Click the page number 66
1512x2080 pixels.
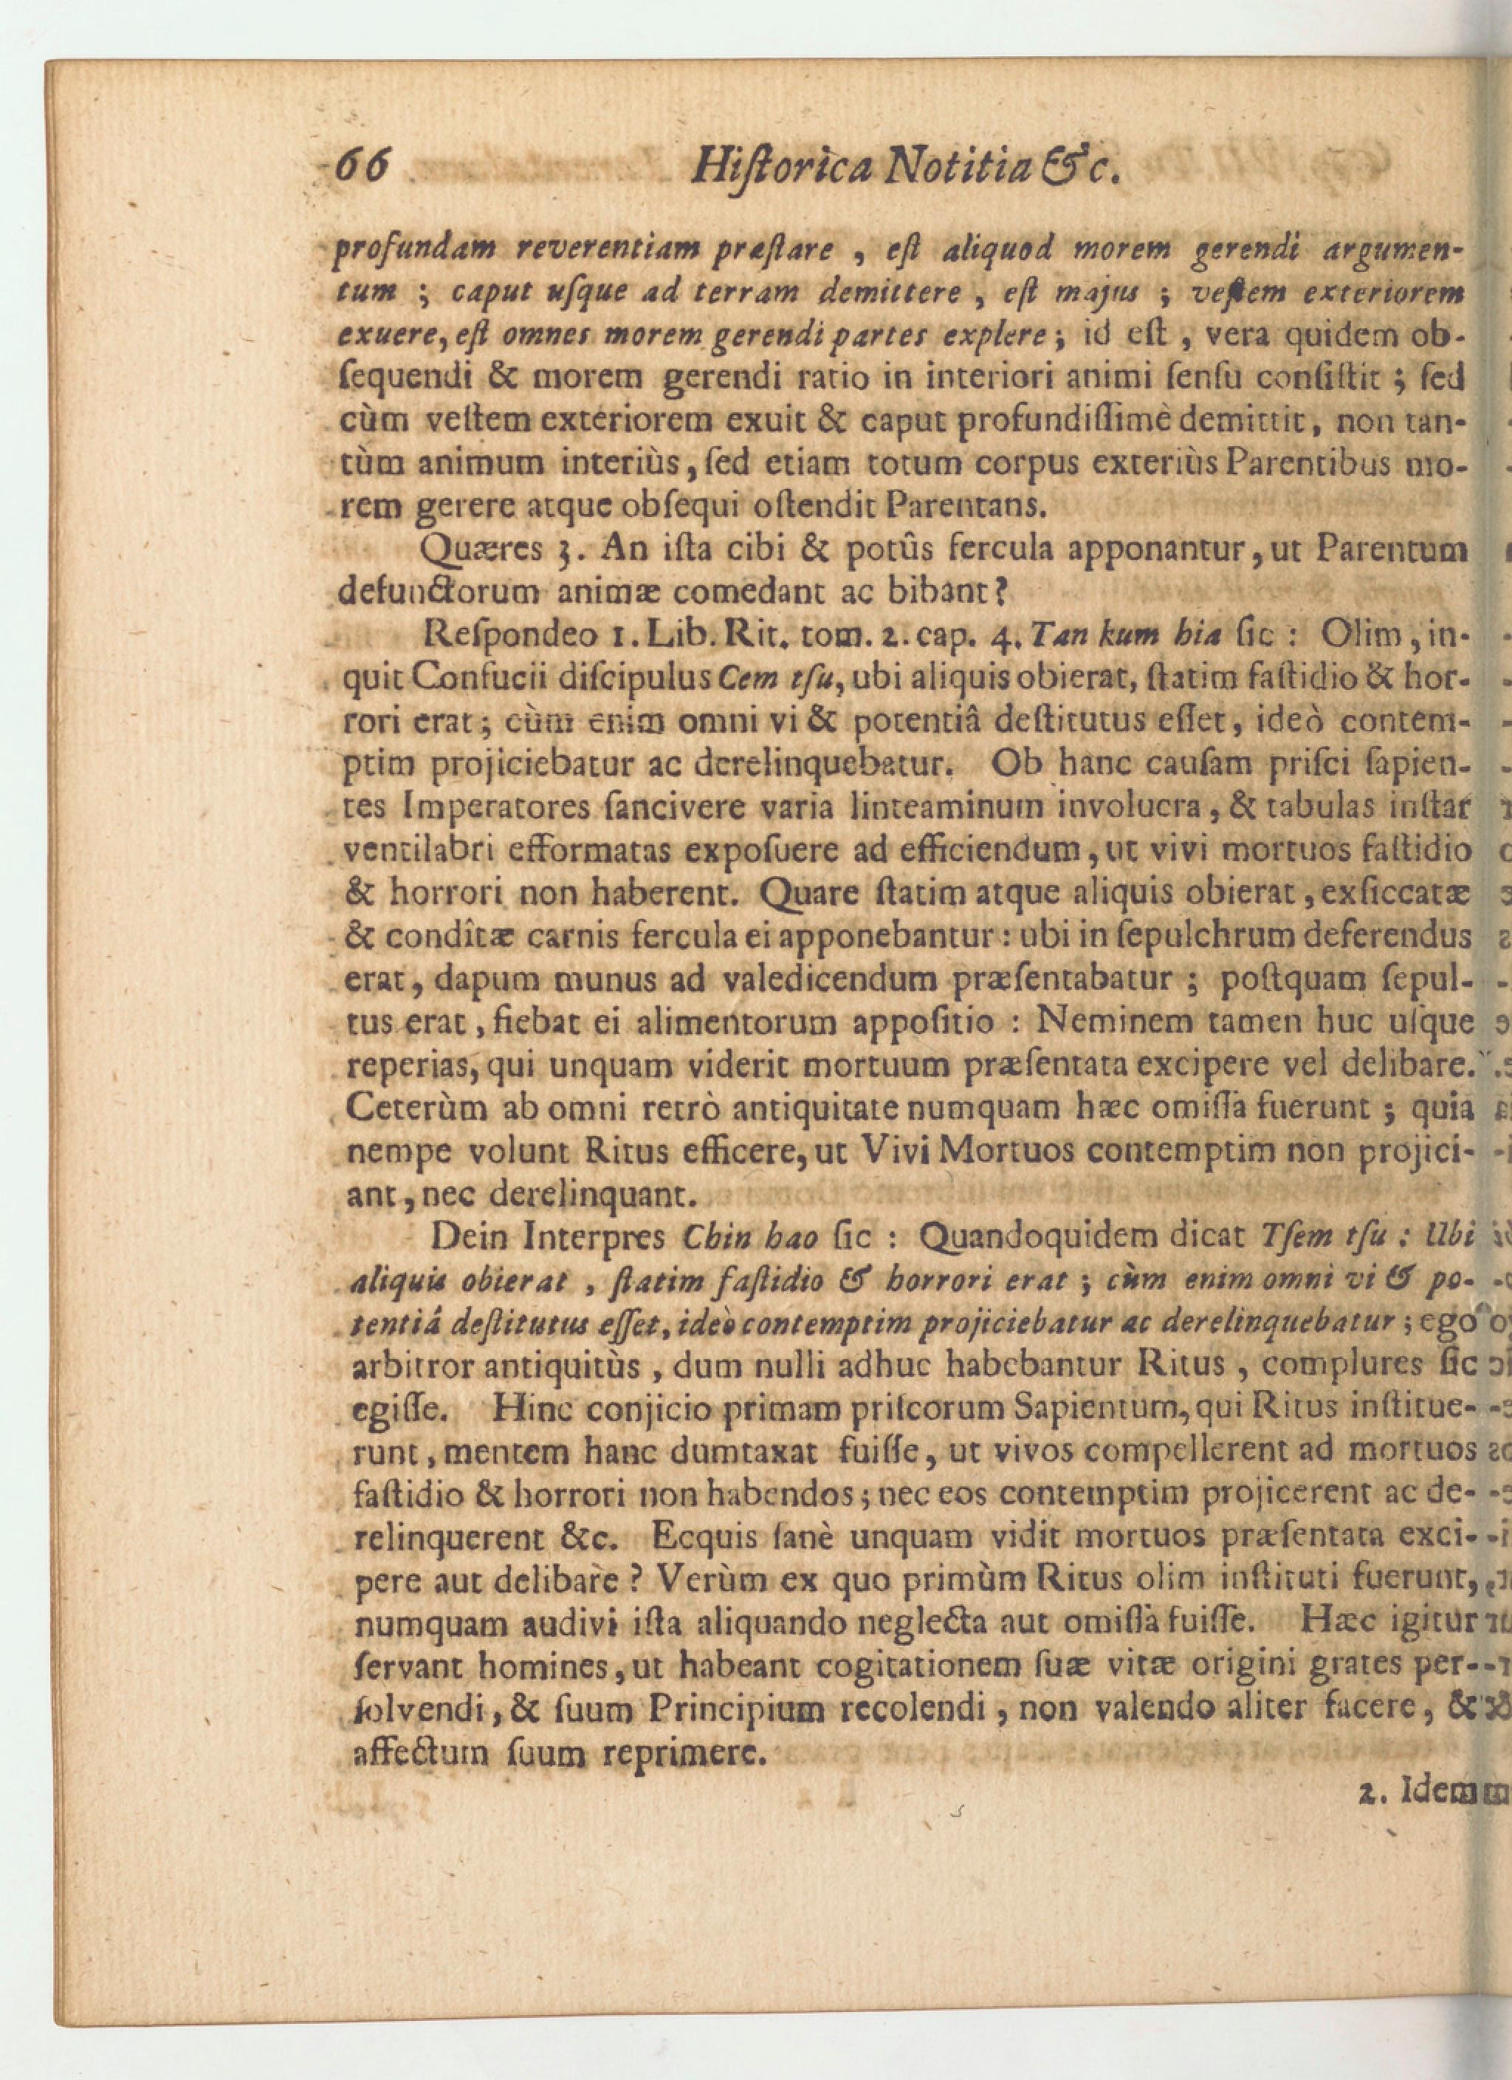(365, 167)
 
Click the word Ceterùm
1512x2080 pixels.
(416, 1109)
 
